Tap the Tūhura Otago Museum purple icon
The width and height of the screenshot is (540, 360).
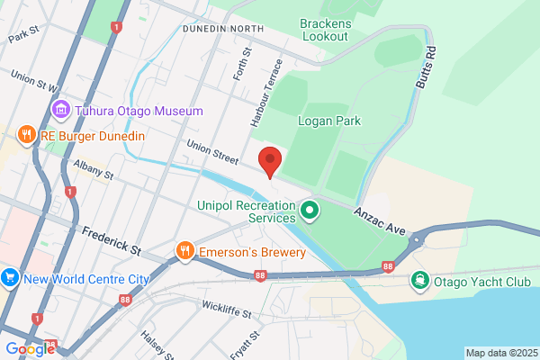click(60, 111)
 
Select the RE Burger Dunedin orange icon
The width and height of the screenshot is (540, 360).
click(26, 136)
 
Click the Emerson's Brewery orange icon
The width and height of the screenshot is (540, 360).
click(184, 250)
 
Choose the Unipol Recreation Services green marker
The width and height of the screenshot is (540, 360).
click(310, 211)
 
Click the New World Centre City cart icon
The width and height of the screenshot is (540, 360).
click(11, 278)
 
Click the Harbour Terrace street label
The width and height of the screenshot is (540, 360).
click(266, 91)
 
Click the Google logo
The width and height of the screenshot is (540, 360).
click(30, 348)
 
